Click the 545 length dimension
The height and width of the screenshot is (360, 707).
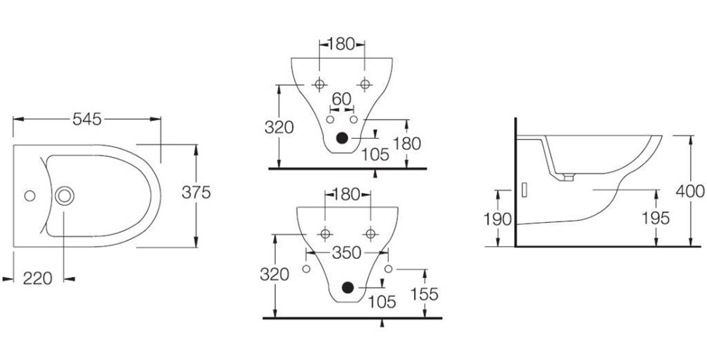click(87, 119)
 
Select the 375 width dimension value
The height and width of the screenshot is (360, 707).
click(196, 192)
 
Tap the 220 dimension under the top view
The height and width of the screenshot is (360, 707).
click(37, 279)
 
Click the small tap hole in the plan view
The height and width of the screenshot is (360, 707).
click(30, 196)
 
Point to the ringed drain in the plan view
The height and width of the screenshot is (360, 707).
click(64, 196)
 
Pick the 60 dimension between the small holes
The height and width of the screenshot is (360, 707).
click(341, 98)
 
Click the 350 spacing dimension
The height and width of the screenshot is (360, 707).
click(346, 253)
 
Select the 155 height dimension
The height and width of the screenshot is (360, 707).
click(424, 294)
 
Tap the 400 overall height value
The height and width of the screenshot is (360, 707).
click(690, 191)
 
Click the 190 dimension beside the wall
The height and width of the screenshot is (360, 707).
click(497, 219)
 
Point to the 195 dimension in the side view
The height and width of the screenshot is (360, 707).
click(655, 218)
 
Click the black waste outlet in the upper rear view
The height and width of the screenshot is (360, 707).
click(342, 138)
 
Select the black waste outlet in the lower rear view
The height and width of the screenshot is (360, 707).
click(347, 287)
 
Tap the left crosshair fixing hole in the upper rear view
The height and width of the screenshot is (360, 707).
click(320, 84)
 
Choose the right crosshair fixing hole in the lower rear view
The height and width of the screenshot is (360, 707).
click(370, 233)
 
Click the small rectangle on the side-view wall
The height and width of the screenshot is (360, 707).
click(525, 190)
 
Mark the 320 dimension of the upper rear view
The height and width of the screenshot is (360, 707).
click(279, 128)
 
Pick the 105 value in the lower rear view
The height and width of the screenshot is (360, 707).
click(382, 301)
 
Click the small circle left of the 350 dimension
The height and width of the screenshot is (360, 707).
click(306, 269)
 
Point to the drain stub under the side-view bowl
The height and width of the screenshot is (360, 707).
click(569, 178)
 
